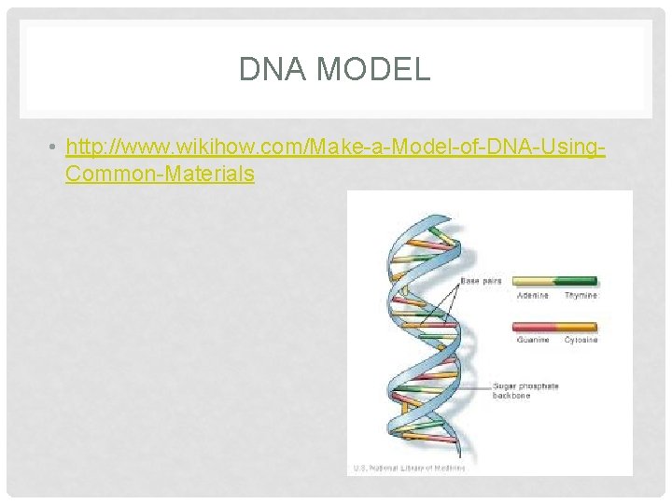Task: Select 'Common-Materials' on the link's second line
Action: tap(160, 174)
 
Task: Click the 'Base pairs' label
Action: tap(480, 280)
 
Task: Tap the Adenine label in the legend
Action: tap(532, 296)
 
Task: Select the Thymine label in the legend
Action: tap(580, 296)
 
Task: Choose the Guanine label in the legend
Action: tap(533, 340)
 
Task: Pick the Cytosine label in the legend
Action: tap(580, 340)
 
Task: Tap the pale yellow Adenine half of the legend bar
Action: tap(535, 281)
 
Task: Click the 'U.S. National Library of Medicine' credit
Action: tap(408, 467)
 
